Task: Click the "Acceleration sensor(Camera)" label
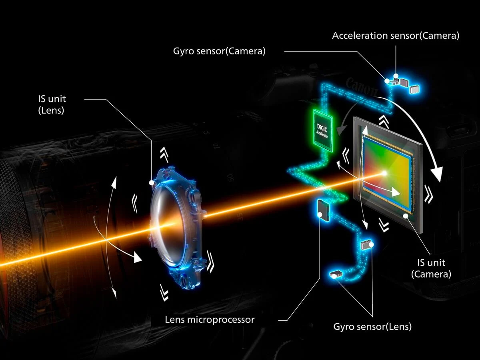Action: [396, 36]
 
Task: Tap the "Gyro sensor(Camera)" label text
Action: [219, 51]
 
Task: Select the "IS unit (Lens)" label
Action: [52, 104]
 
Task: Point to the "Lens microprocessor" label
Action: [210, 320]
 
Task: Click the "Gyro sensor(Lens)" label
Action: [372, 326]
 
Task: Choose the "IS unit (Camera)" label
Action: [431, 268]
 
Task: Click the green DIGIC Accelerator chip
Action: [323, 130]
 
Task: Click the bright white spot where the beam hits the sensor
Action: [384, 173]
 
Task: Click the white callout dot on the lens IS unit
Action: [152, 183]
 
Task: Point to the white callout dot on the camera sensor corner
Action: [406, 216]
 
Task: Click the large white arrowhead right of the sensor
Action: [436, 174]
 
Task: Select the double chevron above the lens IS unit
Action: [164, 154]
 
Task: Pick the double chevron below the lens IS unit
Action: [164, 292]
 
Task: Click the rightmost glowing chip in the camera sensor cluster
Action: [414, 89]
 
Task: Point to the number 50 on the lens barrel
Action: [231, 177]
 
